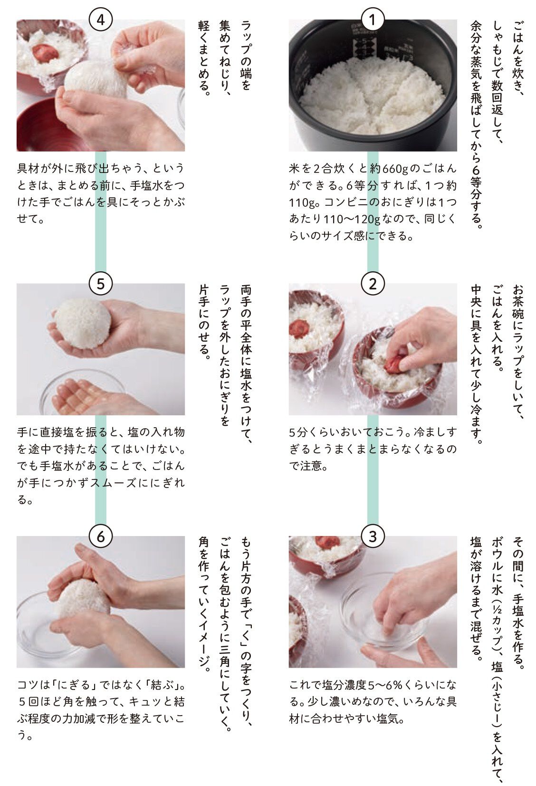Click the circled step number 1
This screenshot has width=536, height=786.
(x=373, y=19)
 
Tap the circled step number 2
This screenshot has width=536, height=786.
(x=373, y=284)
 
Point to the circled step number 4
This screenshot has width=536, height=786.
(x=101, y=19)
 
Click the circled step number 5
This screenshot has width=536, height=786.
(x=101, y=284)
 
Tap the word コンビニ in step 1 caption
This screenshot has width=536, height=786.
(x=344, y=202)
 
